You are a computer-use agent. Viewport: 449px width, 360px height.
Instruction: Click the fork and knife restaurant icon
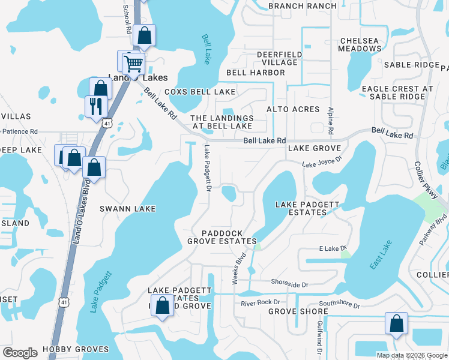(x=95, y=107)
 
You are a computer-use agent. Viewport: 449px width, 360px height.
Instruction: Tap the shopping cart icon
(x=133, y=62)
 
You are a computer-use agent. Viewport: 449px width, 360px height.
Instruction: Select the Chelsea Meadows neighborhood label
(x=359, y=45)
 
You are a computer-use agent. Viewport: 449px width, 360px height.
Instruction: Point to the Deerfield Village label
(x=277, y=58)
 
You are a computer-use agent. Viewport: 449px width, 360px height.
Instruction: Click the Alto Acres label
(x=293, y=109)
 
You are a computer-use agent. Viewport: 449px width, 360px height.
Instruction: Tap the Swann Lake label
(x=127, y=209)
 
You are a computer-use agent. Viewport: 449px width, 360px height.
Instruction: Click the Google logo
(x=20, y=353)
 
